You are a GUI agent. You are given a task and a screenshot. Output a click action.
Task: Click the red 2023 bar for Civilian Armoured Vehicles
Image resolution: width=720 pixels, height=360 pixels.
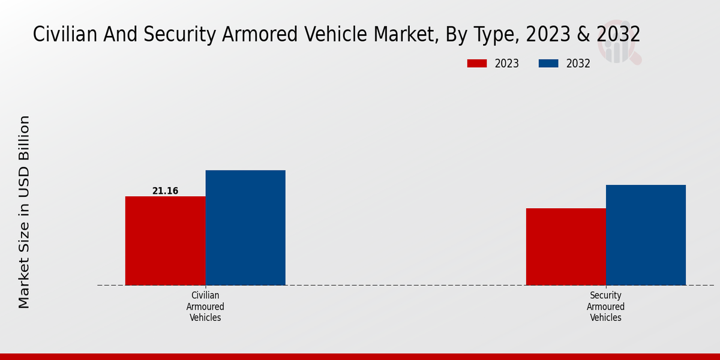pos(165,240)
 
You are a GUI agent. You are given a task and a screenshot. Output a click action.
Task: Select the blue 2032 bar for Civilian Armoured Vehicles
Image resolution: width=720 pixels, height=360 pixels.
pos(245,227)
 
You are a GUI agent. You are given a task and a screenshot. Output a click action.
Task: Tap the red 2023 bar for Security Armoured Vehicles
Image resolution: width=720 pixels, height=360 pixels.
pos(566,246)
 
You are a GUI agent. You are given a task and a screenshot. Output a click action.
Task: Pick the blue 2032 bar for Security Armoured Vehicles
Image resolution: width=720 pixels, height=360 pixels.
pos(646,235)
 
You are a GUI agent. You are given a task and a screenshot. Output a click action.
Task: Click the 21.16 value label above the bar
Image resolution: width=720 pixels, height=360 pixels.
pos(165,191)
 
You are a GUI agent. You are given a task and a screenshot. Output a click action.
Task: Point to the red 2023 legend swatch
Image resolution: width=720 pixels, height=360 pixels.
pos(477,64)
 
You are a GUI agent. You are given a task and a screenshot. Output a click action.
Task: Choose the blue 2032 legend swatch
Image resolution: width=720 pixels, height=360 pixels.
pos(548,64)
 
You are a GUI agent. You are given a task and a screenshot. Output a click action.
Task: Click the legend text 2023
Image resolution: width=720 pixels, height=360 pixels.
pos(506,64)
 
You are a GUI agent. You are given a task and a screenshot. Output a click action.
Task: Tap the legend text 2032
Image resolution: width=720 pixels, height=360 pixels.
pos(578,64)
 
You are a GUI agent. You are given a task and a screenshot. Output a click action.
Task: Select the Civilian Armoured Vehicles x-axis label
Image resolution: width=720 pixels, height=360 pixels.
pos(205,307)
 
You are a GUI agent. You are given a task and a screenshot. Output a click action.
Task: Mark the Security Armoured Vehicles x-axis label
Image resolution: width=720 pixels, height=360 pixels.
pos(605,307)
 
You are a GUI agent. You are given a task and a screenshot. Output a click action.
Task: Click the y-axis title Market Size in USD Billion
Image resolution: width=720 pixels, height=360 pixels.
pos(24,212)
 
